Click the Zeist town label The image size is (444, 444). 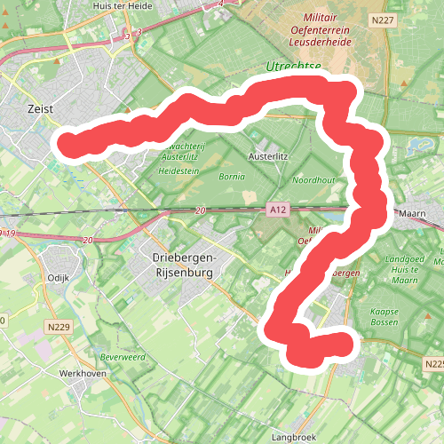[x=40, y=108]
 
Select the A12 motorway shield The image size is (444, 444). [x=278, y=210]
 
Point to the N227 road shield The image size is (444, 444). [x=384, y=20]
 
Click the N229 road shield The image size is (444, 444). [x=59, y=328]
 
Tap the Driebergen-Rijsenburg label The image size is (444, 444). [x=178, y=265]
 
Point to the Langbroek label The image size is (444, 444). [x=294, y=437]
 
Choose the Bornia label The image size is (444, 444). [x=231, y=177]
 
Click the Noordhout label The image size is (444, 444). [x=314, y=179]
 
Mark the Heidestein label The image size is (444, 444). [x=178, y=170]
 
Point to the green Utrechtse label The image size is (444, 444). [x=293, y=67]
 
